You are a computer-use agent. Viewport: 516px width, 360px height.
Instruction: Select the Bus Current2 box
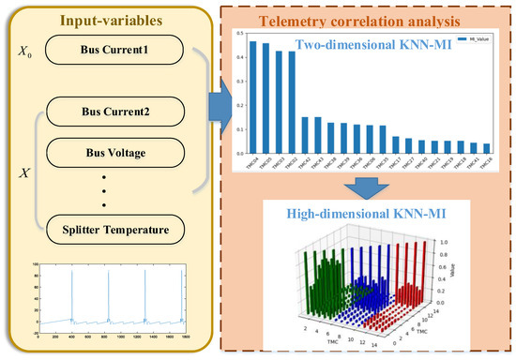(x=114, y=113)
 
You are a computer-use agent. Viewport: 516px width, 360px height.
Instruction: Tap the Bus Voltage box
(x=114, y=148)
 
